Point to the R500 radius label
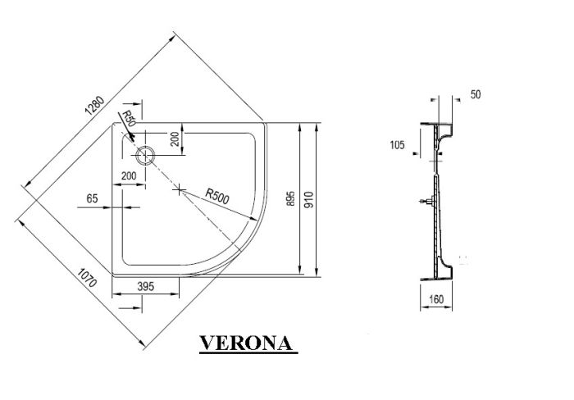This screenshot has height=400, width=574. pyautogui.click(x=217, y=196)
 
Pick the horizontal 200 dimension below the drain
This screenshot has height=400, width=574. pyautogui.click(x=130, y=176)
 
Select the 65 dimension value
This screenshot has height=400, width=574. pyautogui.click(x=93, y=198)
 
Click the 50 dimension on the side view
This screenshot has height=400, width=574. pyautogui.click(x=476, y=95)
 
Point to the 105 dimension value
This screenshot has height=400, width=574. pyautogui.click(x=398, y=145)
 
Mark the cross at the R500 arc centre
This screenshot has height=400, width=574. pyautogui.click(x=180, y=189)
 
